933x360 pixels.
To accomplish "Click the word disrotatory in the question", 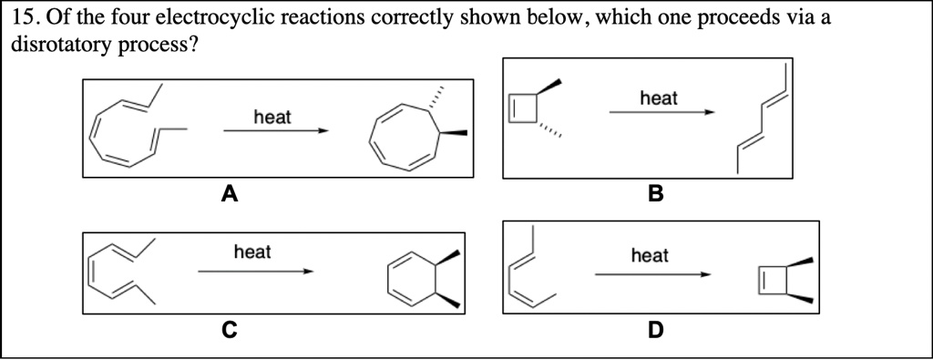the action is pyautogui.click(x=60, y=46).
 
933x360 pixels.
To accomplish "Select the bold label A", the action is pyautogui.click(x=229, y=193).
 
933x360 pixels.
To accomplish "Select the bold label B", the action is pyautogui.click(x=655, y=193).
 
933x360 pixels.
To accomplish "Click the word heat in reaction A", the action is pyautogui.click(x=272, y=117).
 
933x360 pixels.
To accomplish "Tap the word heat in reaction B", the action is pyautogui.click(x=659, y=98).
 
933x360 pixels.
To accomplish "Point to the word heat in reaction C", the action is pyautogui.click(x=252, y=252).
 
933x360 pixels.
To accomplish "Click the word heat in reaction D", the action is pyautogui.click(x=649, y=256).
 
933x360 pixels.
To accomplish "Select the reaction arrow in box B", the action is pyautogui.click(x=661, y=112).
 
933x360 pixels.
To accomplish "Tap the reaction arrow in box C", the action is pyautogui.click(x=255, y=271).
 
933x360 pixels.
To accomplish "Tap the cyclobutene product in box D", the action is pyautogui.click(x=776, y=281).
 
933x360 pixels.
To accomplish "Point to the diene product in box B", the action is pyautogui.click(x=763, y=118).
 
